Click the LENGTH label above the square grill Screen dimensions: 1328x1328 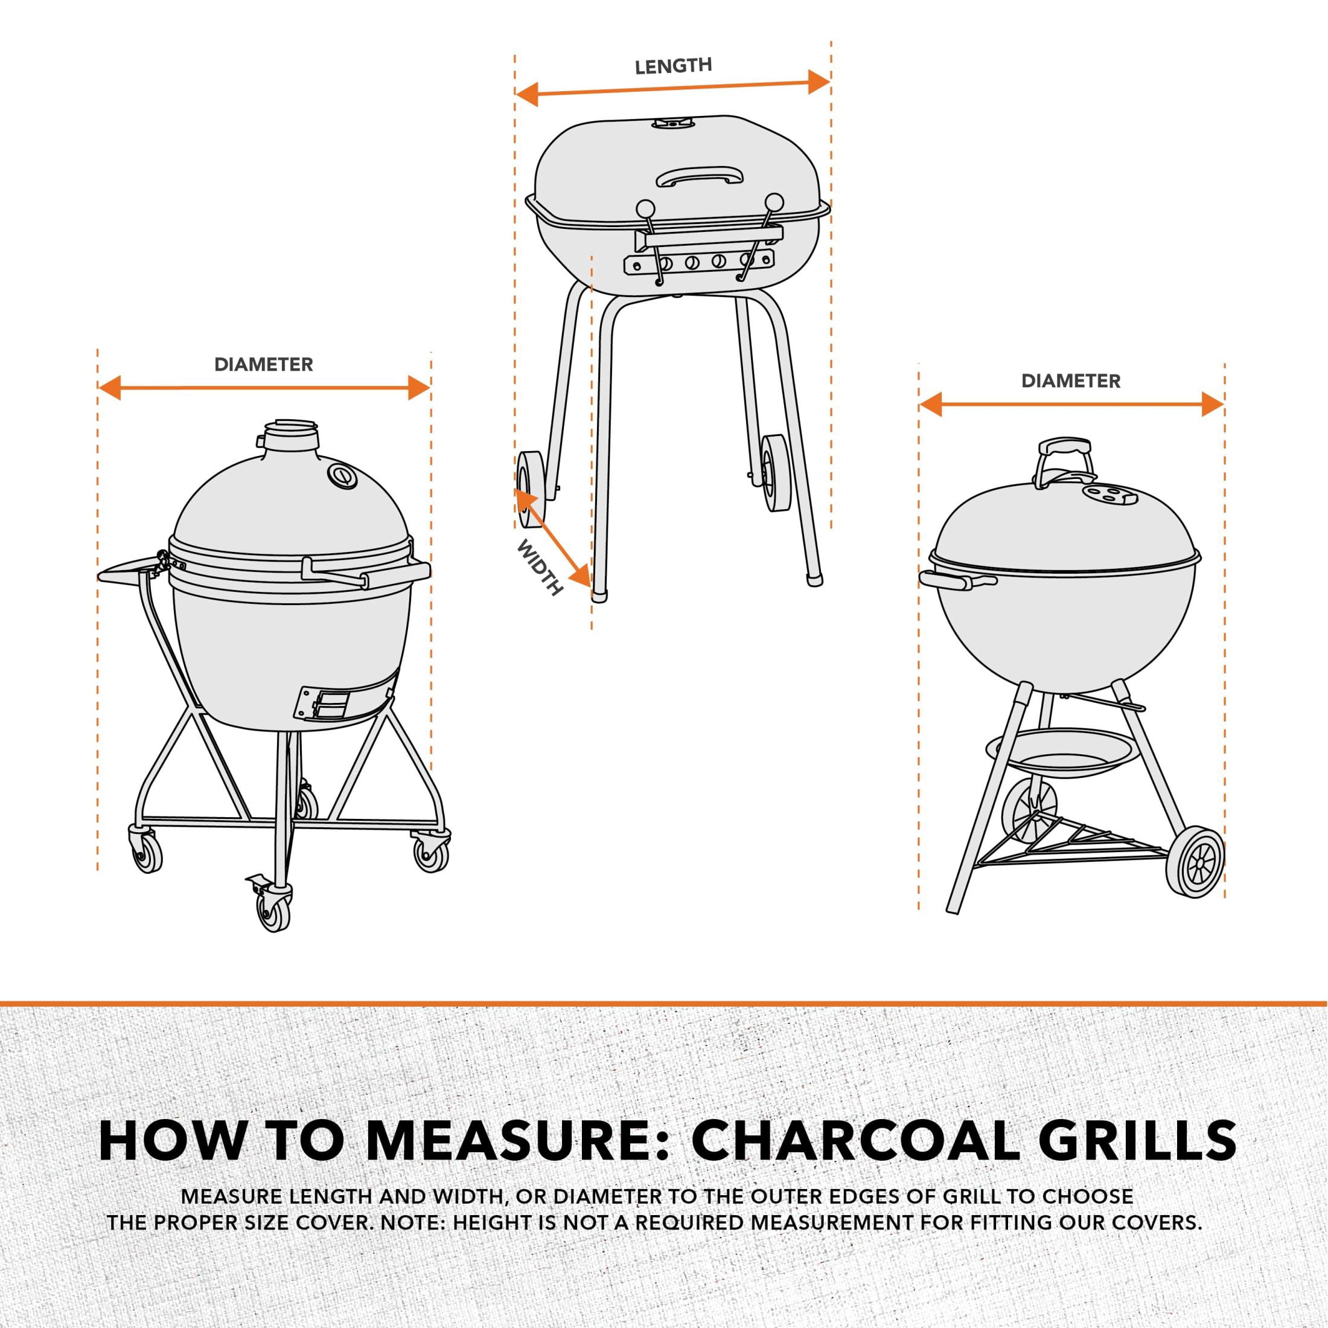click(673, 66)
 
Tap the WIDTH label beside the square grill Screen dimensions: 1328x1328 click(540, 568)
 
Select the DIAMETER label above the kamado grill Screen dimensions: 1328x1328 click(264, 365)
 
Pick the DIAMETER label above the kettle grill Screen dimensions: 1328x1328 click(1071, 381)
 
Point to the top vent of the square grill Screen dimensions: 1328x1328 click(671, 123)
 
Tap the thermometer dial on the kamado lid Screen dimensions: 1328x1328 click(342, 475)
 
